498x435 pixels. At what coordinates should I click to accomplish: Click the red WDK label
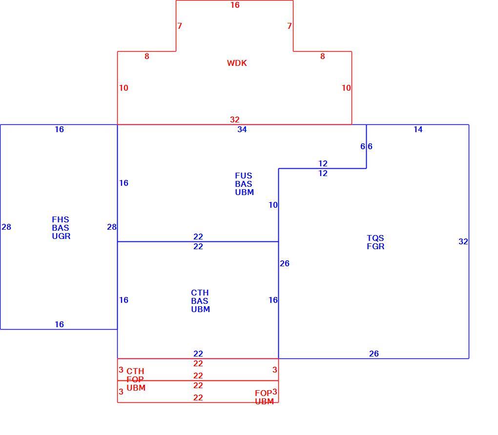(x=237, y=63)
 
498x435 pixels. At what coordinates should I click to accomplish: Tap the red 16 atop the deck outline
(x=235, y=5)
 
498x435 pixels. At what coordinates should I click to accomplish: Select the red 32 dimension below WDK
(x=235, y=119)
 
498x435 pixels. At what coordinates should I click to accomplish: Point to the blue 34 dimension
(x=242, y=129)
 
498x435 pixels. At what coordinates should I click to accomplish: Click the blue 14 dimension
(x=418, y=129)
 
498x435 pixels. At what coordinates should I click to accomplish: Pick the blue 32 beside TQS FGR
(x=463, y=242)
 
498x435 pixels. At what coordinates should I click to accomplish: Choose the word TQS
(x=375, y=238)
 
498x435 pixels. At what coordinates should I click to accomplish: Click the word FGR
(x=376, y=247)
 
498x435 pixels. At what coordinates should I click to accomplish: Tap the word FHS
(x=61, y=219)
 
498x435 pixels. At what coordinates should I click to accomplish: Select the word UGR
(x=62, y=236)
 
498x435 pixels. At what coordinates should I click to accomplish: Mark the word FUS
(x=244, y=176)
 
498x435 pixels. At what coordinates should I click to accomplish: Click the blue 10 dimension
(x=273, y=205)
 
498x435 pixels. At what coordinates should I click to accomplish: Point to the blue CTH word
(x=200, y=293)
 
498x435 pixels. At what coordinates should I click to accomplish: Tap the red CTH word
(x=135, y=371)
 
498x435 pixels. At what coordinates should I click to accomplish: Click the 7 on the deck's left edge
(x=180, y=26)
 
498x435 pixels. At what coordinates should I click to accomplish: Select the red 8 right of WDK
(x=323, y=57)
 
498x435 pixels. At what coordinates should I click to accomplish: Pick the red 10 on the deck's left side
(x=124, y=88)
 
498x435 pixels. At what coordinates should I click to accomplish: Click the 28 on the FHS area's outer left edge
(x=6, y=227)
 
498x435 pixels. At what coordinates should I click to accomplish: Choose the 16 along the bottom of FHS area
(x=60, y=325)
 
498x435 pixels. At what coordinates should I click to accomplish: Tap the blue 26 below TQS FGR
(x=374, y=354)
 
